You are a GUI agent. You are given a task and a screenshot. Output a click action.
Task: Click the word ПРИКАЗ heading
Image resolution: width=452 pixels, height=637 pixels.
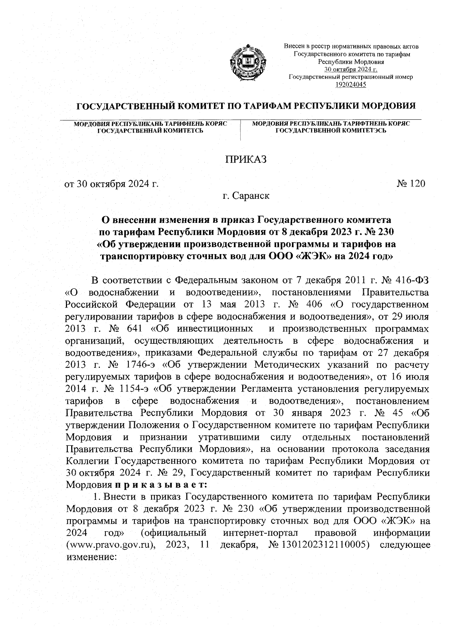[x=246, y=160]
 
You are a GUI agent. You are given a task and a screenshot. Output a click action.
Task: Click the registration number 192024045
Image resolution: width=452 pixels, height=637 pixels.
[x=351, y=84]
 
